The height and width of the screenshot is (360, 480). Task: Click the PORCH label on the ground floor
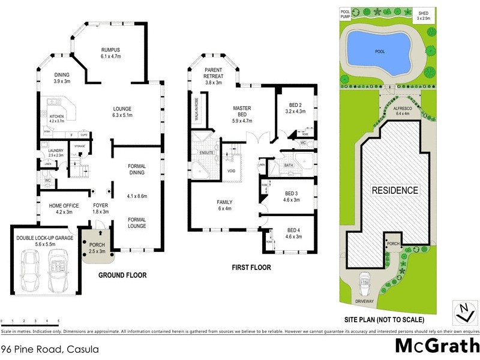tap(97, 245)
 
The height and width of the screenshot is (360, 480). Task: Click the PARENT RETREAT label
tap(214, 76)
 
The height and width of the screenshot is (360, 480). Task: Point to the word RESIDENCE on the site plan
tap(395, 190)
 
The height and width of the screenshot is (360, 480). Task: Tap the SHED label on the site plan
tap(424, 13)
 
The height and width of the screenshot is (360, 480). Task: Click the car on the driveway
tap(364, 281)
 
